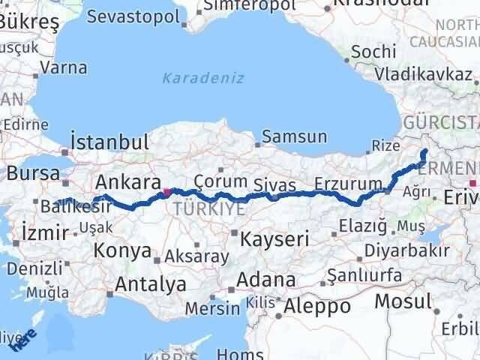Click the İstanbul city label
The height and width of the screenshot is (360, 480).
click(109, 142)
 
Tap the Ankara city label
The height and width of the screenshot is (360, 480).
click(127, 182)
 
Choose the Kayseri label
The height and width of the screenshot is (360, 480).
click(275, 239)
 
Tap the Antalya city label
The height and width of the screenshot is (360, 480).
click(150, 284)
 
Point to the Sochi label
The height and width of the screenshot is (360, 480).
click(373, 51)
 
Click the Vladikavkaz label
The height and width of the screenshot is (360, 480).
click(424, 74)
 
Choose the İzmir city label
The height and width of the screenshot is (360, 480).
click(45, 232)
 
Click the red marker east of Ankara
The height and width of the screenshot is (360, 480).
click(166, 192)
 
